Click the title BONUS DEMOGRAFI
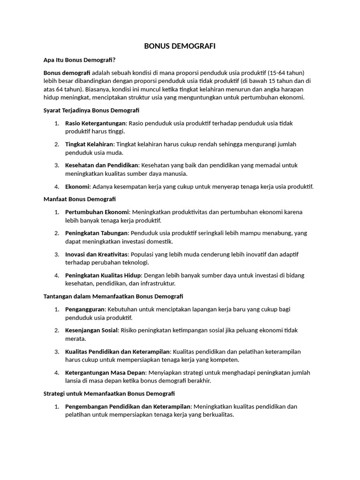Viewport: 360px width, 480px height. [x=180, y=46]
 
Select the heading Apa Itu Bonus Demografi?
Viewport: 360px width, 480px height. [x=79, y=60]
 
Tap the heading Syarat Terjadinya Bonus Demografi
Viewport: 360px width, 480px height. [x=91, y=110]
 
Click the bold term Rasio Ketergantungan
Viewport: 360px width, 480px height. [x=96, y=123]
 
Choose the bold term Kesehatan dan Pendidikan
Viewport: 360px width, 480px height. [x=102, y=165]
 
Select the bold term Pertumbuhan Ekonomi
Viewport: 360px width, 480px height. [x=97, y=212]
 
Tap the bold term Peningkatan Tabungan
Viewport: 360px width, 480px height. [x=97, y=233]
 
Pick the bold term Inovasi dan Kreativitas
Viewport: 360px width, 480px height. [x=97, y=254]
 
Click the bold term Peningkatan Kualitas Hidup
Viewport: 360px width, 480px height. [x=103, y=275]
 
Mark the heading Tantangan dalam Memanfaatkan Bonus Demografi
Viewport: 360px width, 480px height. [x=113, y=296]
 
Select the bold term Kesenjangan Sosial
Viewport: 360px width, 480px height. [x=91, y=330]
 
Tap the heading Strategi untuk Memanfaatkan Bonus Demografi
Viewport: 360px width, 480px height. [x=109, y=393]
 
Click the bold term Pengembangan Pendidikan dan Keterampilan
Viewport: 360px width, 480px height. [x=128, y=406]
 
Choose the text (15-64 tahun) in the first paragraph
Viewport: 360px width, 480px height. [x=286, y=73]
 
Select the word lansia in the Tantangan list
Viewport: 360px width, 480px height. [x=73, y=381]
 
